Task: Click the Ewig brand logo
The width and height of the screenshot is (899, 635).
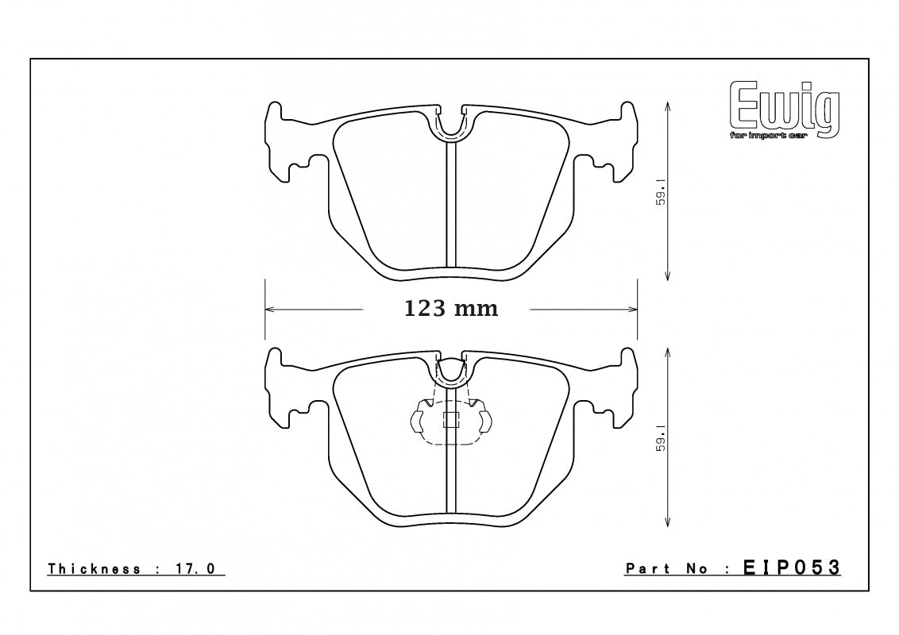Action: pyautogui.click(x=783, y=109)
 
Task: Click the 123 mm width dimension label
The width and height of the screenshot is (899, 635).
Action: pyautogui.click(x=451, y=309)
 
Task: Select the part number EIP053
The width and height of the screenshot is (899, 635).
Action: pyautogui.click(x=791, y=568)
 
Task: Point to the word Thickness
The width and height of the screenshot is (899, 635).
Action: pyautogui.click(x=95, y=569)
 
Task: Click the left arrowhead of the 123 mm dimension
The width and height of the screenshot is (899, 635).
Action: pyautogui.click(x=268, y=309)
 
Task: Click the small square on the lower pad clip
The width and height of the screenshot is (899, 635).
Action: pyautogui.click(x=450, y=421)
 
